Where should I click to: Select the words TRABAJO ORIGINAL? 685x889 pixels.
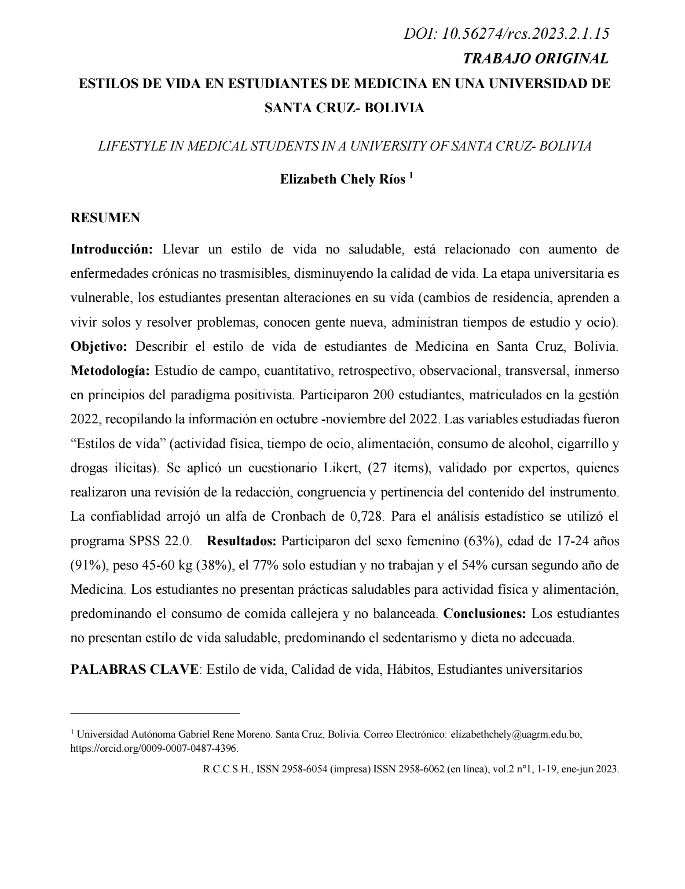[x=536, y=59]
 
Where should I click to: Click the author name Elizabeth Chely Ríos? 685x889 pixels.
[x=343, y=180]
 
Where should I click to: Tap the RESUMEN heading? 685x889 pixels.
[x=106, y=217]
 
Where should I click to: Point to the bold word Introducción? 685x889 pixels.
[x=112, y=250]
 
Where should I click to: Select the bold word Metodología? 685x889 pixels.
[x=110, y=371]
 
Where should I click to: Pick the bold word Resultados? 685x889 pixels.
[x=242, y=541]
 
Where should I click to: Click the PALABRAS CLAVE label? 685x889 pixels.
[x=134, y=669]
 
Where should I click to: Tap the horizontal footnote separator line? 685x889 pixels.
[x=155, y=713]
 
